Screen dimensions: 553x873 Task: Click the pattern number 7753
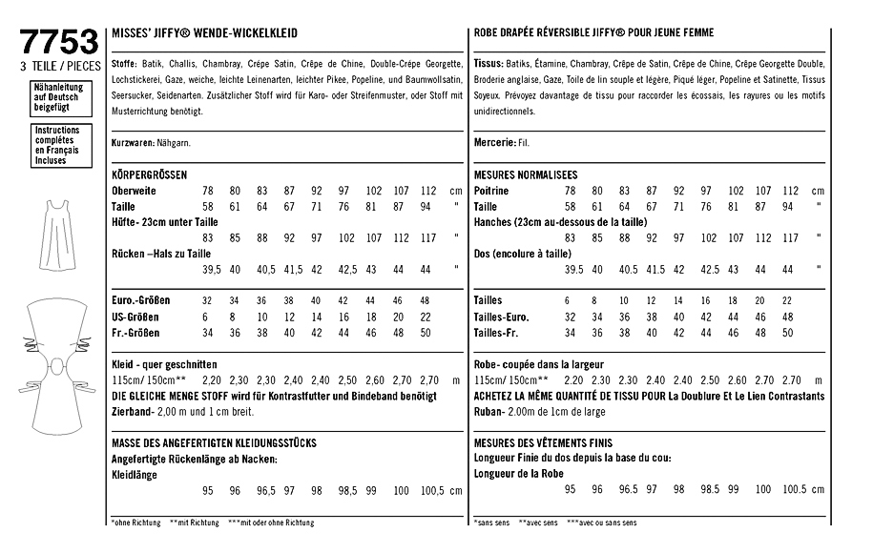click(58, 43)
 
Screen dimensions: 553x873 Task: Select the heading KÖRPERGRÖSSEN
click(149, 175)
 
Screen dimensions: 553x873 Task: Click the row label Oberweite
click(134, 191)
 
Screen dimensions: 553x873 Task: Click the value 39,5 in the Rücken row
click(209, 269)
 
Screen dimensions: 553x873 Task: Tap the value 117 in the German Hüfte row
click(427, 237)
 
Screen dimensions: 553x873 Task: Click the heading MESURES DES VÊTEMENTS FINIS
click(543, 443)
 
